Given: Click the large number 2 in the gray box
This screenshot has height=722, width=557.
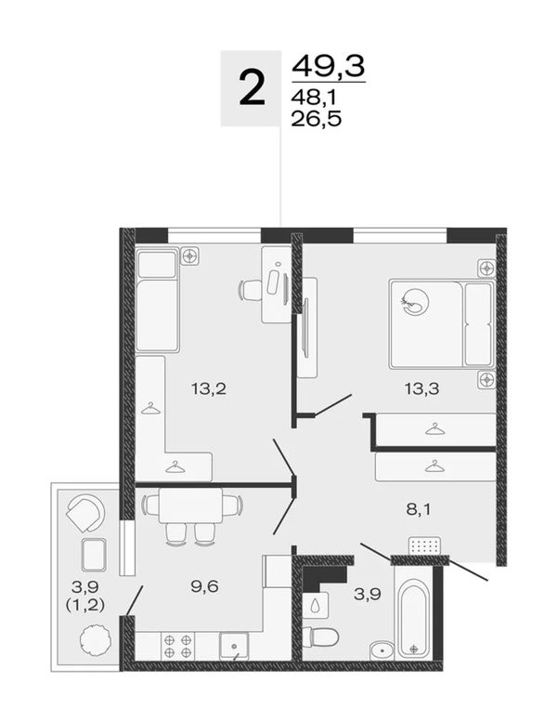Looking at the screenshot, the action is click(253, 88).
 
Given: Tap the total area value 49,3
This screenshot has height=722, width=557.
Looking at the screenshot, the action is click(329, 66).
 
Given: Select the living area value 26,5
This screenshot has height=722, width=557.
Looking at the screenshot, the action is click(317, 119).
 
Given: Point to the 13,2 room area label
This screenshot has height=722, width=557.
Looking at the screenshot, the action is click(209, 389).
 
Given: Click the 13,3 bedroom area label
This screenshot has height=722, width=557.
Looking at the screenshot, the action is click(421, 389).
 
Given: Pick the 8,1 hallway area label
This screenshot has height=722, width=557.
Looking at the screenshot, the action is click(419, 510).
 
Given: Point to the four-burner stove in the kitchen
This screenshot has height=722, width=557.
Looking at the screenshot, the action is click(177, 646).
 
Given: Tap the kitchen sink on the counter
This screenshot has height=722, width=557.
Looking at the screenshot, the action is click(234, 646).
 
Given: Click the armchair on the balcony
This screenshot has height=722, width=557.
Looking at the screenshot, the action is click(86, 513).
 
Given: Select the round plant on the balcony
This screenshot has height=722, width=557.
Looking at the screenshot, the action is click(96, 640).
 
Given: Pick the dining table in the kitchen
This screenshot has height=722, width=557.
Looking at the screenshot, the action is click(191, 505).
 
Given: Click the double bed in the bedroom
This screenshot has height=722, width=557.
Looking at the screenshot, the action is click(442, 323).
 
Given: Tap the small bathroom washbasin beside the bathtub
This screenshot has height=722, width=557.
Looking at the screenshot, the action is click(382, 651).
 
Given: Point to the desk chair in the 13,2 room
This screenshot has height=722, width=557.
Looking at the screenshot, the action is click(251, 290).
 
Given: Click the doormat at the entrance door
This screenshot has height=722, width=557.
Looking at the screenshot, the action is click(424, 546).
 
